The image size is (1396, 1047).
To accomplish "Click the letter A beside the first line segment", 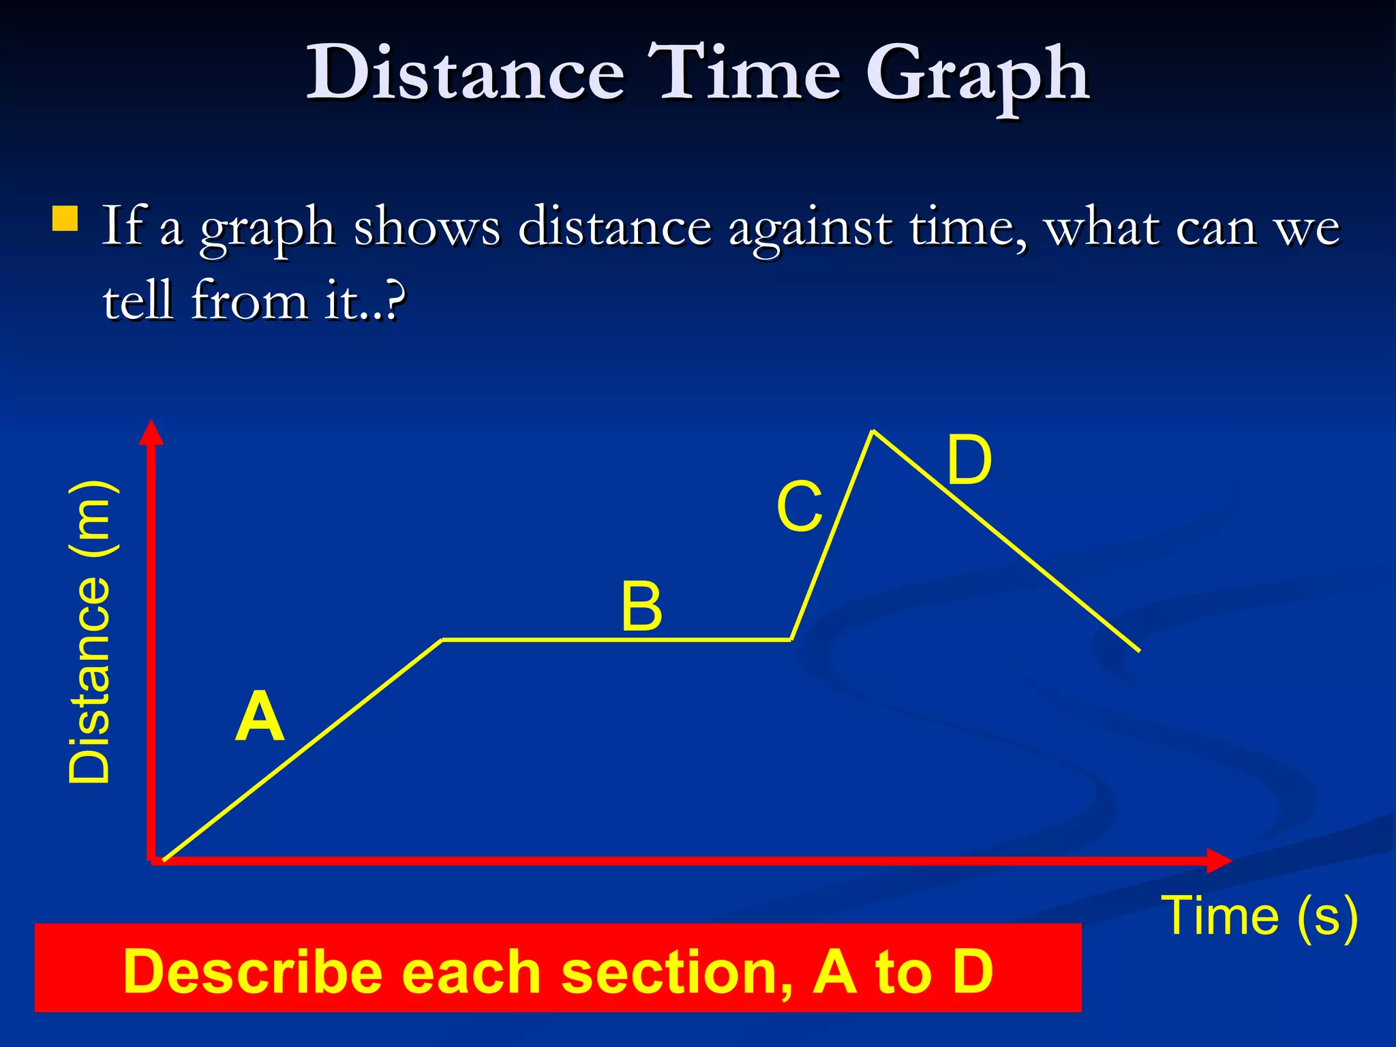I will click(x=259, y=718).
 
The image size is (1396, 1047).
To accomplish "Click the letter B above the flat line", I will click(x=641, y=607).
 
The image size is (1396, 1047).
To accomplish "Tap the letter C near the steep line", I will click(x=799, y=507).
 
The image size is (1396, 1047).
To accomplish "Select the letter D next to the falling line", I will click(x=969, y=461).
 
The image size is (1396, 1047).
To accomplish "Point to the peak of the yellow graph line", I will click(x=873, y=431).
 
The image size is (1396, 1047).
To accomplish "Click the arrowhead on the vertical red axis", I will click(x=151, y=434).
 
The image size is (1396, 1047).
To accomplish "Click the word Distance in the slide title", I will click(x=465, y=74).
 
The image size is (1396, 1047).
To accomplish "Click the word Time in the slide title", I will click(x=743, y=74).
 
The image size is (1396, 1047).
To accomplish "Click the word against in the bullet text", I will click(x=810, y=229).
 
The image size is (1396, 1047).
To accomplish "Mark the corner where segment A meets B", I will click(x=442, y=640).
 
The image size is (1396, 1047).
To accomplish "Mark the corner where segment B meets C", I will click(x=791, y=639).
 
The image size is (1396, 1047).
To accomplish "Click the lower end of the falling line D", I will click(x=1138, y=650).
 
